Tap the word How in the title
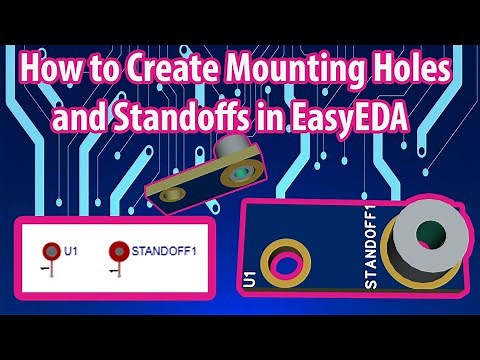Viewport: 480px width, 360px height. [50, 71]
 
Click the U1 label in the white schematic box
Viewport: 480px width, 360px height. [71, 251]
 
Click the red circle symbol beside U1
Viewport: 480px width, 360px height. [50, 252]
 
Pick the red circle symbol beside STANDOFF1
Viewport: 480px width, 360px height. [118, 252]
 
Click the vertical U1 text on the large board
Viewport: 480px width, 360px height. [249, 279]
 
